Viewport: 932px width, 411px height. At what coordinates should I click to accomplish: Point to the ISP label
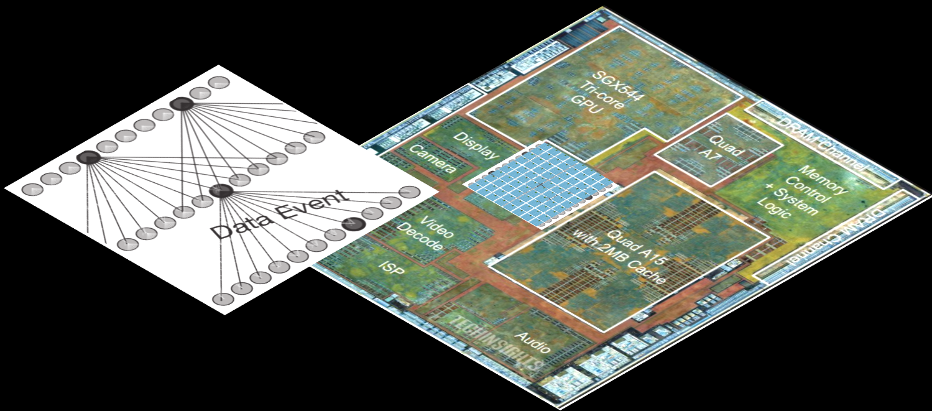392,269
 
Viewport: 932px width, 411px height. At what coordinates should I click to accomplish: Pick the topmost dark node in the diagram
181,104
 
